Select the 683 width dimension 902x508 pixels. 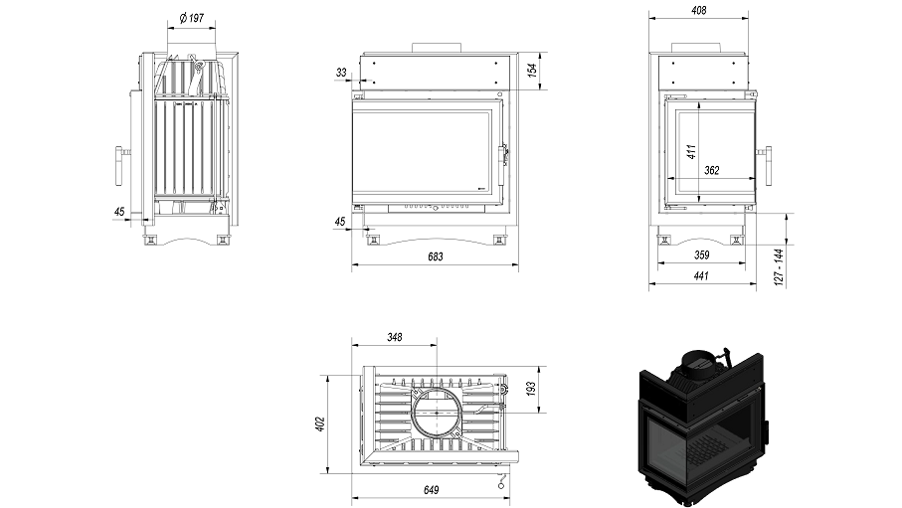(435, 256)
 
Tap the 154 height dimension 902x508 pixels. (532, 70)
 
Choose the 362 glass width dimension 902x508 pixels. (711, 171)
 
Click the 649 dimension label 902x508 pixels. (432, 490)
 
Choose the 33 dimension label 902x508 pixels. (341, 73)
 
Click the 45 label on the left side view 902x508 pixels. (119, 211)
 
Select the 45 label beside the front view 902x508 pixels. (341, 222)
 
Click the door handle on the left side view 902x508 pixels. (121, 163)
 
